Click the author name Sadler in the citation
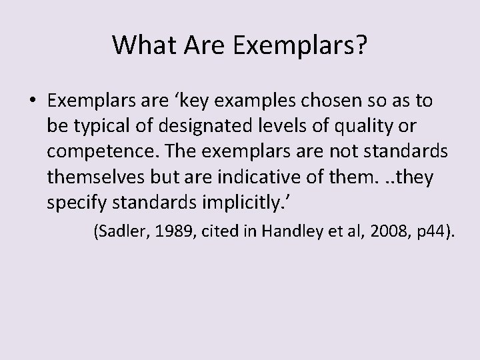(x=121, y=231)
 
